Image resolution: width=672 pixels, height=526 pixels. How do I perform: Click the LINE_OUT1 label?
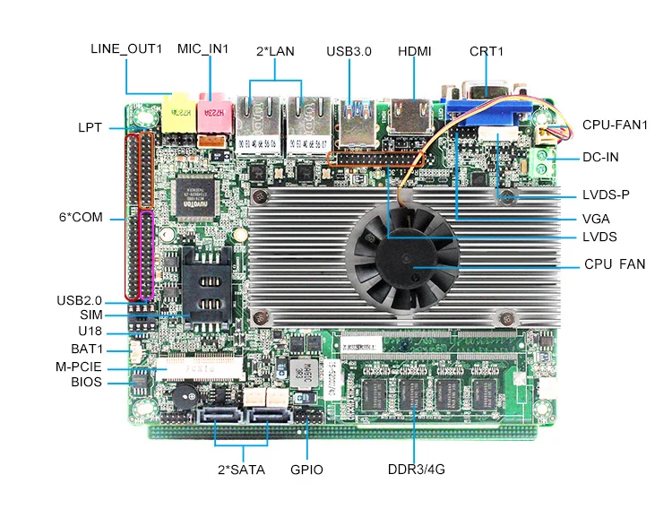click(x=125, y=48)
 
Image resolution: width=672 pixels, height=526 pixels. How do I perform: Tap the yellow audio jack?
click(x=178, y=110)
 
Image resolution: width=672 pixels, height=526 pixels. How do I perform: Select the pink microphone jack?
click(x=212, y=109)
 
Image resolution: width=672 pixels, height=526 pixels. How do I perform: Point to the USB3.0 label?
click(x=349, y=51)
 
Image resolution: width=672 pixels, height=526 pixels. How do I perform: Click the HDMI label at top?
click(x=414, y=51)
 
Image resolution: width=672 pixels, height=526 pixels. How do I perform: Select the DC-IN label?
click(x=600, y=157)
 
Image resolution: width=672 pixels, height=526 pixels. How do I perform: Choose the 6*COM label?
click(x=80, y=217)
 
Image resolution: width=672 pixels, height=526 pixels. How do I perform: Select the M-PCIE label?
click(x=78, y=366)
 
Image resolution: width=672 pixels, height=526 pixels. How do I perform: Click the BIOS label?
click(x=86, y=383)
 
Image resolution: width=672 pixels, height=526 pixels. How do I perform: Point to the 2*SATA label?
click(x=241, y=470)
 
